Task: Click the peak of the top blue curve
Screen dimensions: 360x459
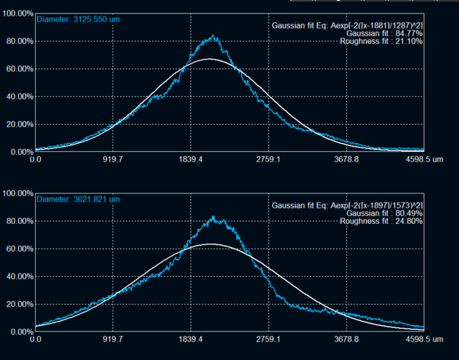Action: tap(213, 36)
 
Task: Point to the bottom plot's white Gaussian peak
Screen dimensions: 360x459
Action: tap(211, 244)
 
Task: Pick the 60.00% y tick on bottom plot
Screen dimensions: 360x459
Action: tap(18, 249)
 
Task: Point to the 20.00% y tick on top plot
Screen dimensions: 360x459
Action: tap(18, 124)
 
